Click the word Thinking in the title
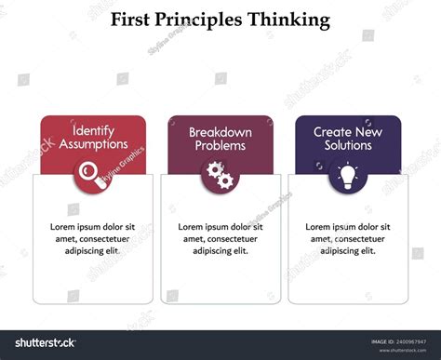click(x=289, y=19)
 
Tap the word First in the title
click(x=133, y=19)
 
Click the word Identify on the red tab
click(x=93, y=132)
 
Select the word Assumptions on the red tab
click(x=93, y=145)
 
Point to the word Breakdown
click(x=220, y=132)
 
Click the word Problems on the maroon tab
click(x=220, y=146)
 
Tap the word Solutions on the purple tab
click(x=348, y=146)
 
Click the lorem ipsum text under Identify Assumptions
click(x=93, y=238)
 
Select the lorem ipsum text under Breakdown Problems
click(x=220, y=238)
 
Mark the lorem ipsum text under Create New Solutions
click(x=348, y=238)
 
